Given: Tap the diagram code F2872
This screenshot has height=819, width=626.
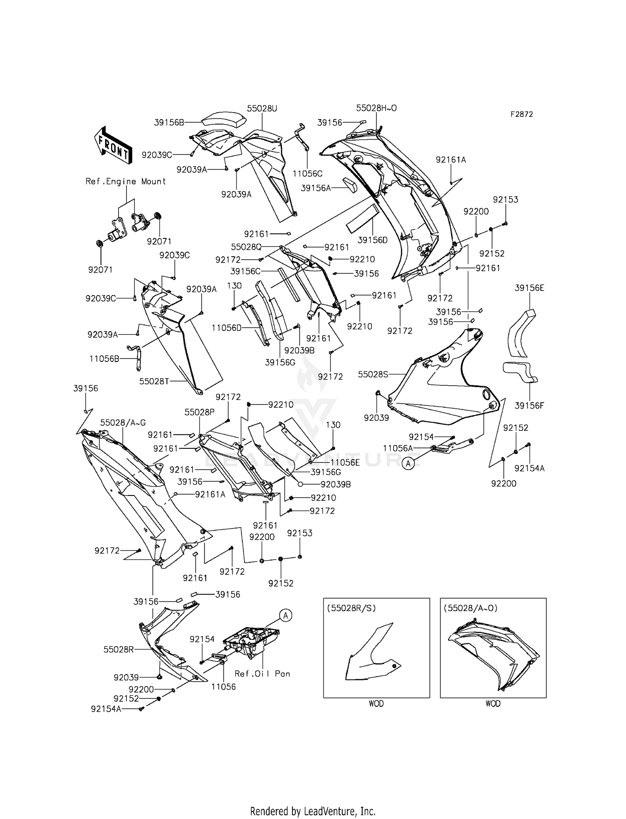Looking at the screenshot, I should click(522, 114).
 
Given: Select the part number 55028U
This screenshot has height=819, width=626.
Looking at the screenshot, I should click(262, 109).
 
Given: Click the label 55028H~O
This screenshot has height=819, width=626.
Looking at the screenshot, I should click(376, 108).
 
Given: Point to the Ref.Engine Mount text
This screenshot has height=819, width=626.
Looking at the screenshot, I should click(126, 182).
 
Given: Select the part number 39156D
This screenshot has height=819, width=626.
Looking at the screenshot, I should click(373, 240).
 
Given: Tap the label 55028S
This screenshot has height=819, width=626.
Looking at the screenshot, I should click(373, 374).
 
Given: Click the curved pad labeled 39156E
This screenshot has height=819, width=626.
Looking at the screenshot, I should click(521, 334).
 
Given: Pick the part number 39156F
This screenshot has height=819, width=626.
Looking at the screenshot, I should click(529, 405).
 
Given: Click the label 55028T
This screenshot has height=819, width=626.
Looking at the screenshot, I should click(154, 381).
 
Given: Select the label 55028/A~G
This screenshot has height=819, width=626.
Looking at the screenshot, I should click(123, 423).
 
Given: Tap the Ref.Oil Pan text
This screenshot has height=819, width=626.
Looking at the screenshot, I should click(262, 674).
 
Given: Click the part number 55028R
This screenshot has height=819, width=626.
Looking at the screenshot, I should click(119, 650).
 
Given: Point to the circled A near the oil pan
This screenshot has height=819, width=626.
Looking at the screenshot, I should click(285, 615).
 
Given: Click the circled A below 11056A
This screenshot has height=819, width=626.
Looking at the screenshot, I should click(408, 463).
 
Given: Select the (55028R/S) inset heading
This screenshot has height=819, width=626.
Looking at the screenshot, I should click(351, 608).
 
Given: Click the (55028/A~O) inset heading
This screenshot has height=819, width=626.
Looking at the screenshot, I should click(471, 608).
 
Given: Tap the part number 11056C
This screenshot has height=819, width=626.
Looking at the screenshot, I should click(307, 174).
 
